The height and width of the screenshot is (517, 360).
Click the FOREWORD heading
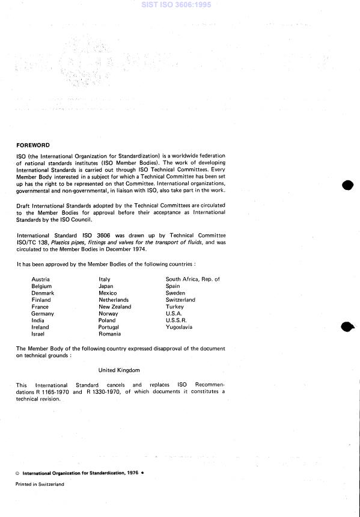[33, 145]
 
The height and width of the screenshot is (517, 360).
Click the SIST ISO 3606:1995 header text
[180, 5]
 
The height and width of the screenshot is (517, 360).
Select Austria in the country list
[40, 279]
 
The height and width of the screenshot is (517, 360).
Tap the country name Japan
[106, 286]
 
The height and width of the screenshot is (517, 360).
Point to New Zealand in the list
[115, 307]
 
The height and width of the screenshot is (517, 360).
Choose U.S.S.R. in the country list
[178, 320]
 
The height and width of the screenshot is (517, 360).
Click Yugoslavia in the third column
[179, 327]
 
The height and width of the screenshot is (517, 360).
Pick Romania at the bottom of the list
[110, 334]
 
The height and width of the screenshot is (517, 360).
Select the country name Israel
[38, 334]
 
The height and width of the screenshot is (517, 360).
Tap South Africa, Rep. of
[193, 279]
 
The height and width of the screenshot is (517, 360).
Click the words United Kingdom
[119, 370]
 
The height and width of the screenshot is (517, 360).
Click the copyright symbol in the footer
[18, 474]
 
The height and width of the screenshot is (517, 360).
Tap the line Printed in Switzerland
[40, 484]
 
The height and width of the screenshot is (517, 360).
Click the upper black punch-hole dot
[348, 185]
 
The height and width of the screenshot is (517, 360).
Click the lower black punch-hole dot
[348, 327]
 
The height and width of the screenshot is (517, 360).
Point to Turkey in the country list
[175, 307]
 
